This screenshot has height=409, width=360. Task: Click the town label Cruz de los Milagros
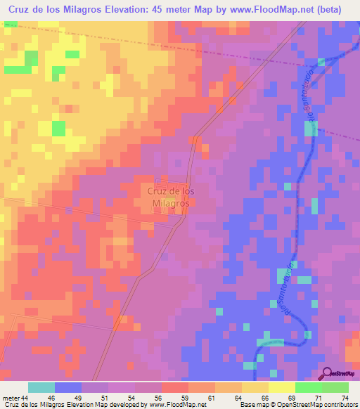coord(169,196)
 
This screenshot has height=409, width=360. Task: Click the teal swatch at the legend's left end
coord(41,387)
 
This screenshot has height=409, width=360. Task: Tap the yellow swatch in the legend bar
coord(281,387)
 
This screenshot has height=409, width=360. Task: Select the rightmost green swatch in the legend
coord(335,387)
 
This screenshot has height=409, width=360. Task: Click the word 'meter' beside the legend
coord(11,397)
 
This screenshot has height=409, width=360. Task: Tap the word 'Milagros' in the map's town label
coord(169,203)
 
